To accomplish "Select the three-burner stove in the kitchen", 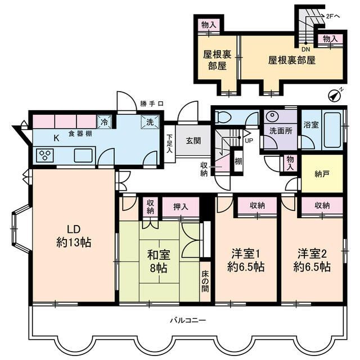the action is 45,155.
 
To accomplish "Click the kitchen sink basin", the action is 83,155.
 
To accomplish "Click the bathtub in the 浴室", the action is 332,130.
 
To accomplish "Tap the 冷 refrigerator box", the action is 104,121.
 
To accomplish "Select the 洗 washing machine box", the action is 150,121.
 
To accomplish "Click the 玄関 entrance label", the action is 193,141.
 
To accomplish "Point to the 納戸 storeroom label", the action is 322,174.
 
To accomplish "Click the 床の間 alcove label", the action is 205,281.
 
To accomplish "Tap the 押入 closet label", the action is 181,207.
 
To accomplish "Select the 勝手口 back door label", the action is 152,103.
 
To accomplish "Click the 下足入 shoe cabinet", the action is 169,144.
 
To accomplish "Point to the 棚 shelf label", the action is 238,161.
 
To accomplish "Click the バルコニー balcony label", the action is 188,320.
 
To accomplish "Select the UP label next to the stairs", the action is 249,141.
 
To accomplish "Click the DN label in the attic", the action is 305,49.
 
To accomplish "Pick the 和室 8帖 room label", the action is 159,262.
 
